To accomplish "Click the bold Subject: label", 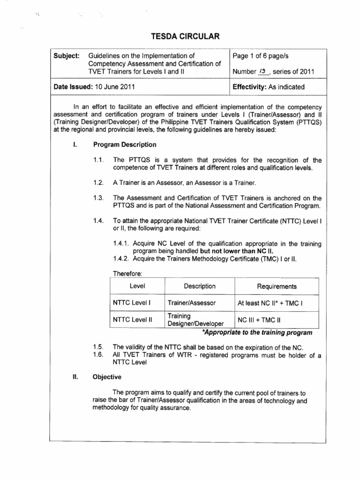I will tap(67, 55).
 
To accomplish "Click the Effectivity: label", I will tap(254, 87).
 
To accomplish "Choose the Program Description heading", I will tap(125, 144).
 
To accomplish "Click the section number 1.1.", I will tap(99, 160).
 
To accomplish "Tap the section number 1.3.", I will tap(99, 198).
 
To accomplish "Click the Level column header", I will tap(136, 286).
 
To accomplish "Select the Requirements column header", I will tap(277, 286).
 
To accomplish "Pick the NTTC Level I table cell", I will tap(132, 303).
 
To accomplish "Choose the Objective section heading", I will tap(107, 376).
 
